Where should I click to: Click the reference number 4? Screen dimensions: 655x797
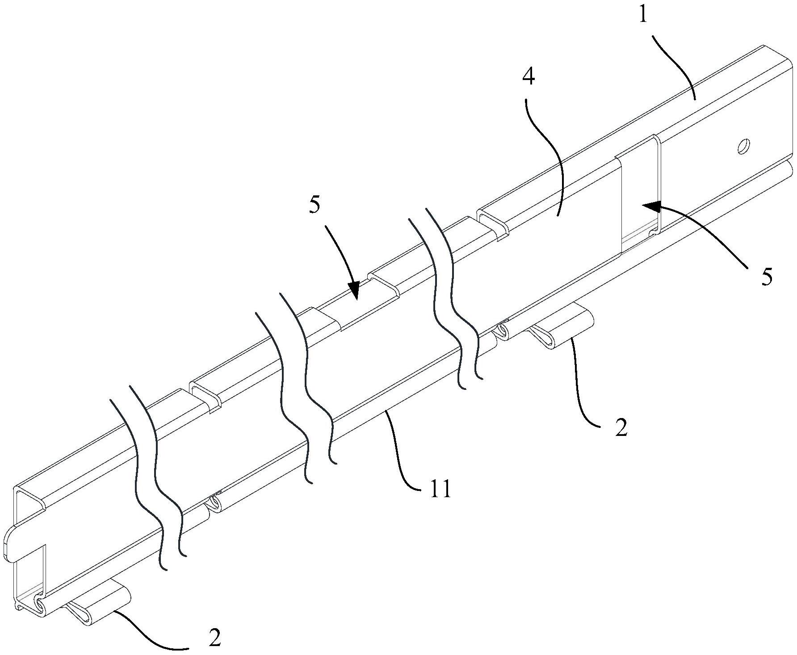528,78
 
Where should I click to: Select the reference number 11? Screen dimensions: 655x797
440,490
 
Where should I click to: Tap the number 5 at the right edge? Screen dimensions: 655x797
767,277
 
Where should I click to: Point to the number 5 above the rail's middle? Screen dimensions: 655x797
315,204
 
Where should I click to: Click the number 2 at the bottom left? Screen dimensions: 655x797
215,638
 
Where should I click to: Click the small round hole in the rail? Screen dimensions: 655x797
743,147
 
